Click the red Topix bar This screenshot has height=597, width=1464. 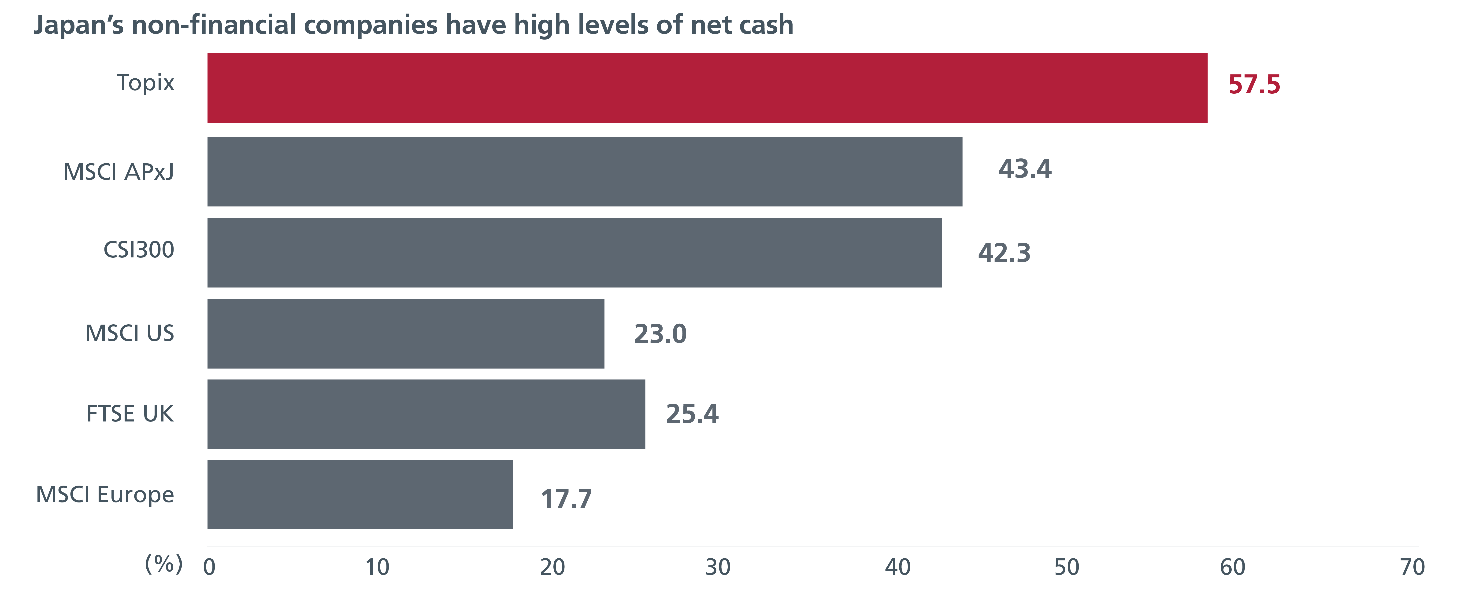pos(707,88)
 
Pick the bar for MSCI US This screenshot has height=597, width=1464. pos(406,334)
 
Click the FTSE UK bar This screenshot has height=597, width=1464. pos(426,414)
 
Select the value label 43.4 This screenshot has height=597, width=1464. pos(1025,169)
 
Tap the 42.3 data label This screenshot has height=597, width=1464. pos(1004,253)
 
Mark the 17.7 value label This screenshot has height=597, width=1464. pos(566,499)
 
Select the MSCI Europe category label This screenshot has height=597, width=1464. pos(105,495)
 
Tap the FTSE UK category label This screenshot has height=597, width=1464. pos(130,414)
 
